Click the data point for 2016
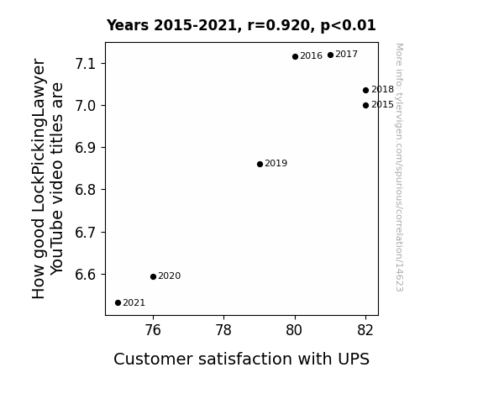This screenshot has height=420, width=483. [295, 56]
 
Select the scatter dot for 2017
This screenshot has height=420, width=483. [330, 55]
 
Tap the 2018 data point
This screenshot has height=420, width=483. [365, 90]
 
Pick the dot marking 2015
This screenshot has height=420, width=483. [365, 105]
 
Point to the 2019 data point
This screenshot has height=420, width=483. [260, 165]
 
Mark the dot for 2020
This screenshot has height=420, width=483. [153, 276]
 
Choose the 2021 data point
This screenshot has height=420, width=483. [118, 303]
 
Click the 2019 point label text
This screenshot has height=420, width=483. [276, 163]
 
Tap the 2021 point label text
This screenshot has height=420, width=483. [134, 303]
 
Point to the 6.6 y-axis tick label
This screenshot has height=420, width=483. [86, 275]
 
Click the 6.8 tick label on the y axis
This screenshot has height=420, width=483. [86, 190]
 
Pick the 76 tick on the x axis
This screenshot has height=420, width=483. [153, 330]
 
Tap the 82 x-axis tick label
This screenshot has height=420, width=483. [365, 330]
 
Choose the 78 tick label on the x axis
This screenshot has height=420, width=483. [223, 330]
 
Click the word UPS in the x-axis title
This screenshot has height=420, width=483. [354, 360]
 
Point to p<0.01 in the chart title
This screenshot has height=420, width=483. [349, 26]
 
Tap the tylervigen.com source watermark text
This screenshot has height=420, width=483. [400, 167]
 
